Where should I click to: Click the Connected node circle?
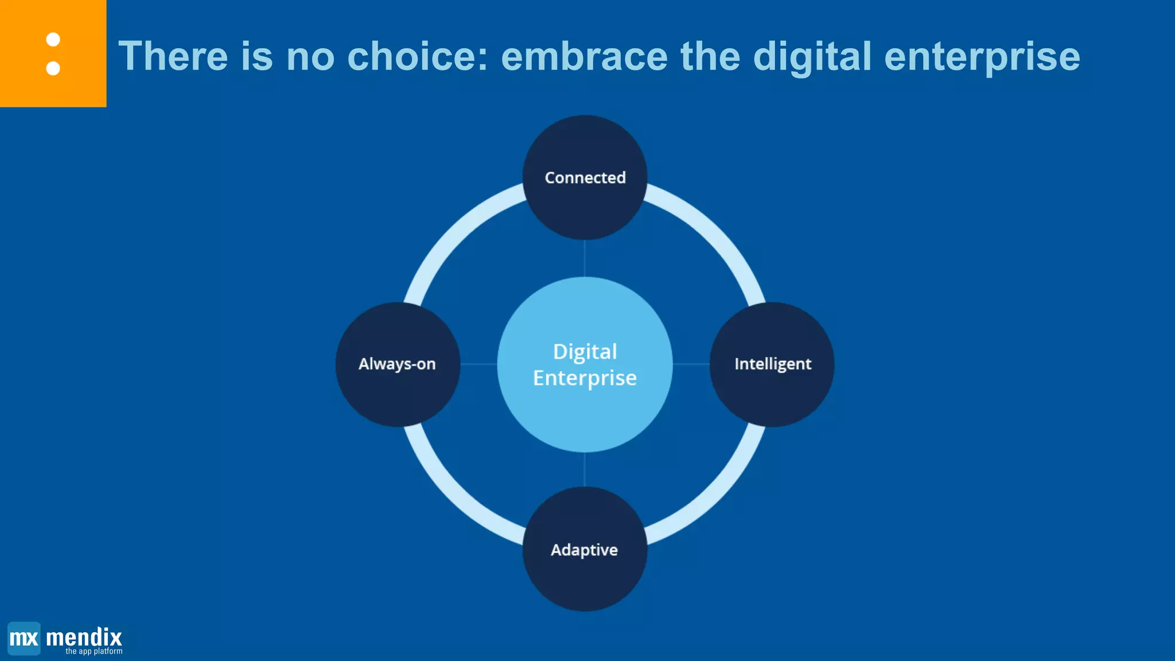[585, 177]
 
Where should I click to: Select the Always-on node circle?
[398, 364]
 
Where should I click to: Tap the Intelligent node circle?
[772, 364]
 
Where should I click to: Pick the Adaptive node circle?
[585, 549]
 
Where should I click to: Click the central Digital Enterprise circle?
[585, 364]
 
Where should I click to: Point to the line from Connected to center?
[585, 258]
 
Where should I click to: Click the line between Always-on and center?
[478, 364]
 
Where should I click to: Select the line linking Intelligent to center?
[691, 364]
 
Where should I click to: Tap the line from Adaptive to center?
[585, 469]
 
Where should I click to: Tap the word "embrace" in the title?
[584, 56]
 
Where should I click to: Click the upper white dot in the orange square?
[53, 40]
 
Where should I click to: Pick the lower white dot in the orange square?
[53, 68]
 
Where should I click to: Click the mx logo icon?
[24, 638]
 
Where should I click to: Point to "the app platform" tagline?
[94, 651]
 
